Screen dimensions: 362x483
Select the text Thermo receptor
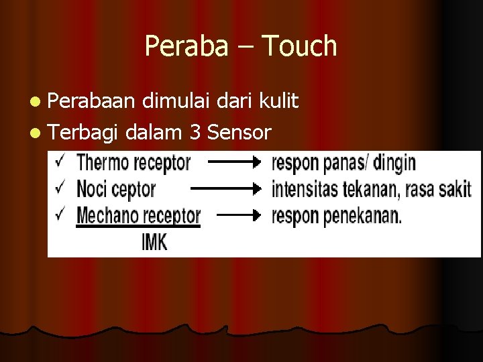click(133, 162)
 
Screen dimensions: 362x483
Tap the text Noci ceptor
click(116, 189)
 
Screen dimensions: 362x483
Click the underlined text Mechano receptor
click(138, 216)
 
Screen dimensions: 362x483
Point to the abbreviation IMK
click(155, 241)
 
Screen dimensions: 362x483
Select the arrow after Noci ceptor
click(225, 189)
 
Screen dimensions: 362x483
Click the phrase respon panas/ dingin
click(343, 162)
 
